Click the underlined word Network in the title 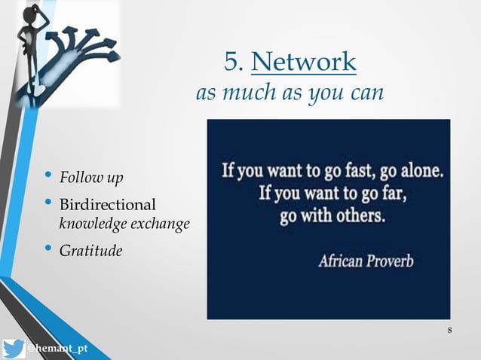303,62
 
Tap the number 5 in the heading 231,62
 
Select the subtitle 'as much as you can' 290,94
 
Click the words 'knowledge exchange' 124,224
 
